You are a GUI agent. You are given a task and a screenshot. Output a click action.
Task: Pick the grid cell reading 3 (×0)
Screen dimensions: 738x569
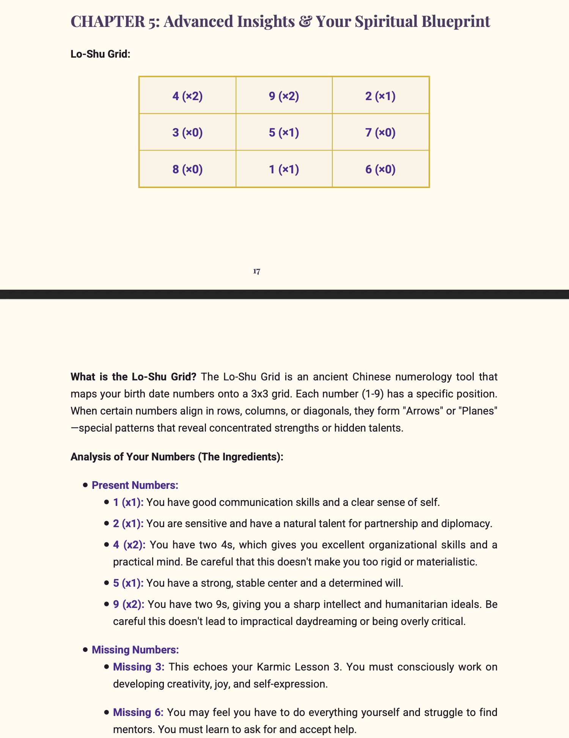pos(187,132)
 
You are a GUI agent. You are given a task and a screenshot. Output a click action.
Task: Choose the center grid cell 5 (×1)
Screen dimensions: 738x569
pos(284,132)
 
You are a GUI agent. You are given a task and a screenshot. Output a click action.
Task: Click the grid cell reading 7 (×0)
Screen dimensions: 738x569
pos(380,132)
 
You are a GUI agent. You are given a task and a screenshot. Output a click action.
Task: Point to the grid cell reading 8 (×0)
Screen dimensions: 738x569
pos(187,169)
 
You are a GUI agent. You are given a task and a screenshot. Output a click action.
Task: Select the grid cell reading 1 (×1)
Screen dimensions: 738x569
pos(284,169)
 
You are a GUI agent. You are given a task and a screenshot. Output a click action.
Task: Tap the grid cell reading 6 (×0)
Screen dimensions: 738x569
pos(380,169)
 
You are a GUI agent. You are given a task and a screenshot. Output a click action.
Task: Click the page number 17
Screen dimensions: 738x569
pos(257,271)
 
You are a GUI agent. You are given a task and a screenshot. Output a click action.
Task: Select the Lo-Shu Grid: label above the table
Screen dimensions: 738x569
pos(101,54)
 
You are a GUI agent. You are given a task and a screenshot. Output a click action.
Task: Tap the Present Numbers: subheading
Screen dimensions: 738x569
pos(135,485)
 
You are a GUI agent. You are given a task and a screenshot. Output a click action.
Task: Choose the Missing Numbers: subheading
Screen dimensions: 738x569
pos(135,650)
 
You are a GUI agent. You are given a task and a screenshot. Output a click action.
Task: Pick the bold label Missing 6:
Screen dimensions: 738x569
pos(138,712)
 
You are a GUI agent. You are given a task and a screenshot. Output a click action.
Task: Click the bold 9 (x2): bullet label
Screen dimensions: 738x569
pos(129,604)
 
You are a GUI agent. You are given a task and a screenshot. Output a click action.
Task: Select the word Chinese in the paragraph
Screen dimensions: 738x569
pos(373,377)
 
